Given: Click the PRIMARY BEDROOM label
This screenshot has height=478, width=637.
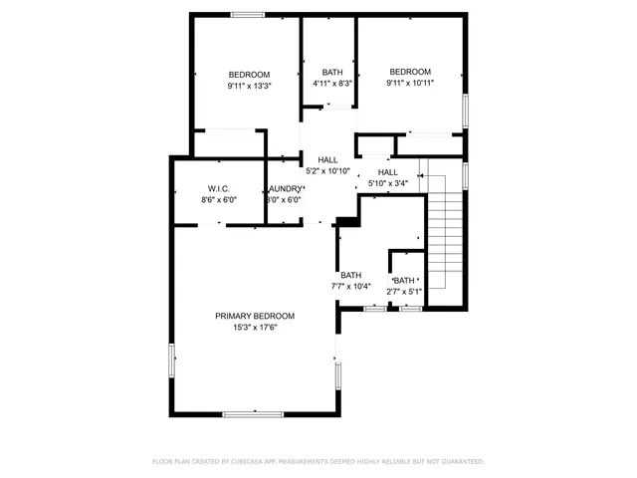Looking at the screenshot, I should pyautogui.click(x=255, y=316).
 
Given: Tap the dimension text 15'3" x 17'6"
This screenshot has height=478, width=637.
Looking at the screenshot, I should pyautogui.click(x=255, y=328).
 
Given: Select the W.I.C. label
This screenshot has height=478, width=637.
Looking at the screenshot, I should pyautogui.click(x=219, y=188).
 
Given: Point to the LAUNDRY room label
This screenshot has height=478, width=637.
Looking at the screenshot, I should pyautogui.click(x=285, y=188).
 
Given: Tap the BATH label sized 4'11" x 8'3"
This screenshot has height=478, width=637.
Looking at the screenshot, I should pyautogui.click(x=332, y=73).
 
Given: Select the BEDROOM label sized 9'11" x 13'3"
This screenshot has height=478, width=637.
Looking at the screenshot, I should pyautogui.click(x=249, y=75).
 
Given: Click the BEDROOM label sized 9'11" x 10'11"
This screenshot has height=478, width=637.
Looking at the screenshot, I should pyautogui.click(x=409, y=72).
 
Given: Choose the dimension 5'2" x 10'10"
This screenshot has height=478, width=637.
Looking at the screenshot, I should pyautogui.click(x=327, y=171).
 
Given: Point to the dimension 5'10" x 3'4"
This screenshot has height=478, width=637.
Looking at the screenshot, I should pyautogui.click(x=387, y=183).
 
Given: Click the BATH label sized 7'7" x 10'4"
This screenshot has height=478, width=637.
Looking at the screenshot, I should pyautogui.click(x=351, y=276).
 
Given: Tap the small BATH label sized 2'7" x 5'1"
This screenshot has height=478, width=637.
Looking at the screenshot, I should pyautogui.click(x=404, y=281).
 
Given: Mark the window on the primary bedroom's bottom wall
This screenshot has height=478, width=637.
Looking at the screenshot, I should pyautogui.click(x=254, y=413).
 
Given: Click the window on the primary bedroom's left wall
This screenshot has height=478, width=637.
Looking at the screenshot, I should pyautogui.click(x=173, y=359).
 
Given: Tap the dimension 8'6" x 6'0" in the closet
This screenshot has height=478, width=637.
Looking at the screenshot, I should pyautogui.click(x=219, y=200).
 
